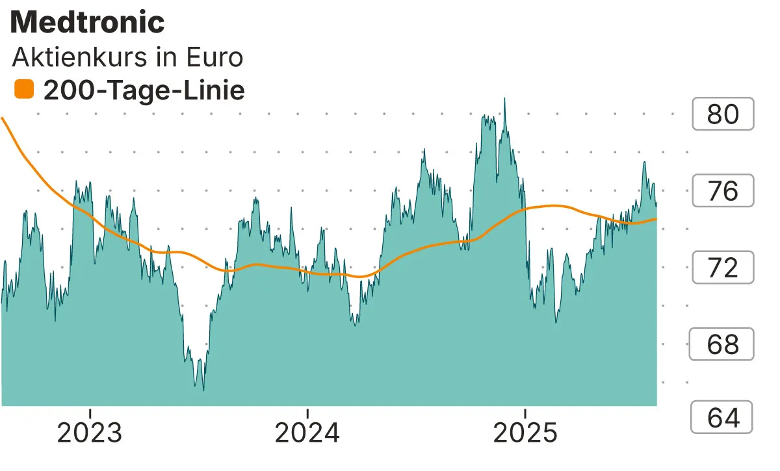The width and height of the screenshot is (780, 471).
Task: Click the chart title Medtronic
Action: coord(88,23)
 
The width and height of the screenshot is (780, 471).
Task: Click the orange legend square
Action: coord(24,90)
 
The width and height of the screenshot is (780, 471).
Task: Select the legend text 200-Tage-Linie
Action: coord(144,90)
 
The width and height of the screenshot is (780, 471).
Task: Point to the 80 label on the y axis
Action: coord(722,114)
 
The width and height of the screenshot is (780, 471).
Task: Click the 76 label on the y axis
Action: coord(722,191)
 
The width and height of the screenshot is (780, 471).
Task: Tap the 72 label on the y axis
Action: coord(722,268)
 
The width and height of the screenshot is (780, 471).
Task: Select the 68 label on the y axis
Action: coord(722,344)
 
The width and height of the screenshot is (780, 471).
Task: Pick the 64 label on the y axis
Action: coord(722,418)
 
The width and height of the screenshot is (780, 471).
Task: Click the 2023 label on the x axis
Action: coord(91,433)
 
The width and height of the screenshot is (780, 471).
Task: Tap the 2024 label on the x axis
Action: coord(307,433)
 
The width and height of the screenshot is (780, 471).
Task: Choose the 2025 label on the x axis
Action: coord(525,433)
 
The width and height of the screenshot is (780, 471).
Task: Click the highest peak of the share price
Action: coord(505,99)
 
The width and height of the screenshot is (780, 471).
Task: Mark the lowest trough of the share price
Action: coord(203,390)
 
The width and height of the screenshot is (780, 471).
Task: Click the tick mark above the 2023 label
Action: coord(91,412)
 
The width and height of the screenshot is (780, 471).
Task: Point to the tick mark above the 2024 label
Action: coord(307,412)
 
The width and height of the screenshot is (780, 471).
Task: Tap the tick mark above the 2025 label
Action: coord(525,412)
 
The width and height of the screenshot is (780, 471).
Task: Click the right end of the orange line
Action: coord(656,219)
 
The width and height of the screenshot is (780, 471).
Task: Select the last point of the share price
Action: coord(656,203)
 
